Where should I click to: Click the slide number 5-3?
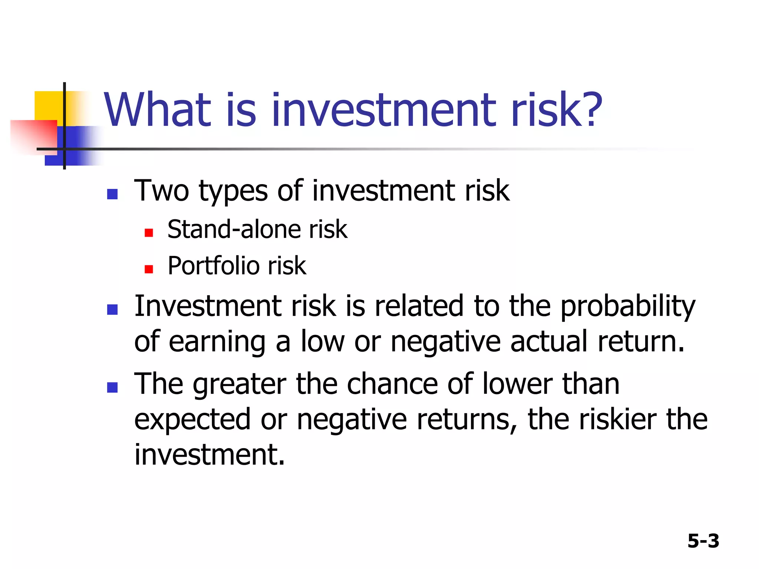[703, 541]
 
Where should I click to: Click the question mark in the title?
[589, 110]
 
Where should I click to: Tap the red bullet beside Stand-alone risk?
[149, 233]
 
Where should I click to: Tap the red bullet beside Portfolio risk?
[149, 269]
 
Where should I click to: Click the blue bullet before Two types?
[112, 194]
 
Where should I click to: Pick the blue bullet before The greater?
[112, 387]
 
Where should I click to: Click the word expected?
[192, 421]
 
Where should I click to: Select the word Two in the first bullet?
[162, 191]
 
